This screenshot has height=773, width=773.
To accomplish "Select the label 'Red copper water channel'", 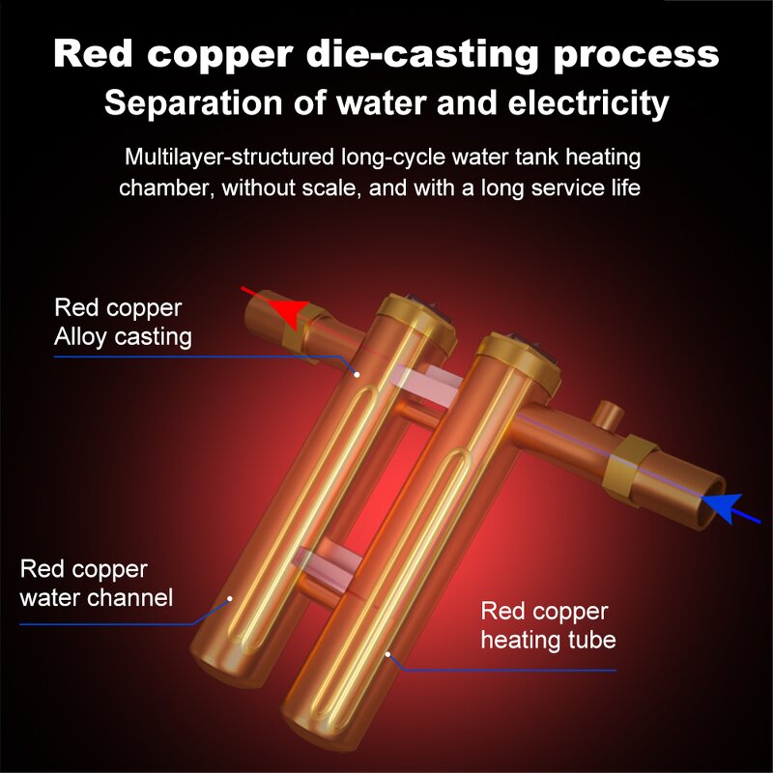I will tap(97, 583).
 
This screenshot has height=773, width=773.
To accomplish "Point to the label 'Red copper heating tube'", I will tap(548, 625).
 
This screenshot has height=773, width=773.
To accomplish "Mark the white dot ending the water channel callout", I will tap(232, 597).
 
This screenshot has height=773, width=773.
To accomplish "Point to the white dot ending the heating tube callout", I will tap(387, 654).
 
